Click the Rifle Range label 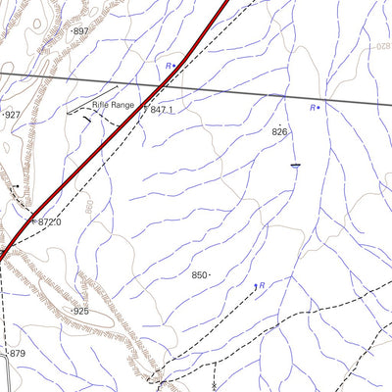[x=113, y=104]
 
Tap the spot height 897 [x=80, y=31]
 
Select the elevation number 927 [x=12, y=115]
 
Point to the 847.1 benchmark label [x=163, y=110]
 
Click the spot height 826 [x=280, y=131]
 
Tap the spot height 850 [x=200, y=275]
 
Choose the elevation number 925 [x=80, y=311]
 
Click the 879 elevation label [x=17, y=353]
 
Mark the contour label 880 [x=90, y=209]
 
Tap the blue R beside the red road [x=169, y=66]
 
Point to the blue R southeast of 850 [x=262, y=284]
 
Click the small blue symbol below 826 [x=294, y=166]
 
